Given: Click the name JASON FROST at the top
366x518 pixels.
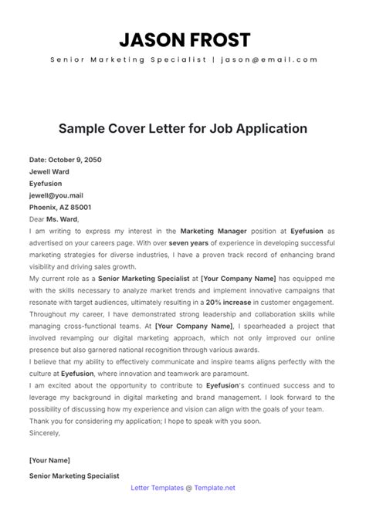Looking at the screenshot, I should (183, 39).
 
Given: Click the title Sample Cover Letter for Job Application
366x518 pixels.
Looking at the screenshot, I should (183, 127).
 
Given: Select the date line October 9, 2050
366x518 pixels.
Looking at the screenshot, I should (65, 160).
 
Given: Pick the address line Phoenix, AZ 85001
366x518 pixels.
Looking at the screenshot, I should (59, 208).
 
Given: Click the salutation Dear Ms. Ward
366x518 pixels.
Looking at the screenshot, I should (54, 220).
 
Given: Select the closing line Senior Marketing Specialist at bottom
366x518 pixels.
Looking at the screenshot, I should (74, 476).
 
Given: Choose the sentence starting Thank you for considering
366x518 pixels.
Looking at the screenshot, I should (154, 422).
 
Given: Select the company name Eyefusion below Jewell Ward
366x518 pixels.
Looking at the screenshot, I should (46, 185).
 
